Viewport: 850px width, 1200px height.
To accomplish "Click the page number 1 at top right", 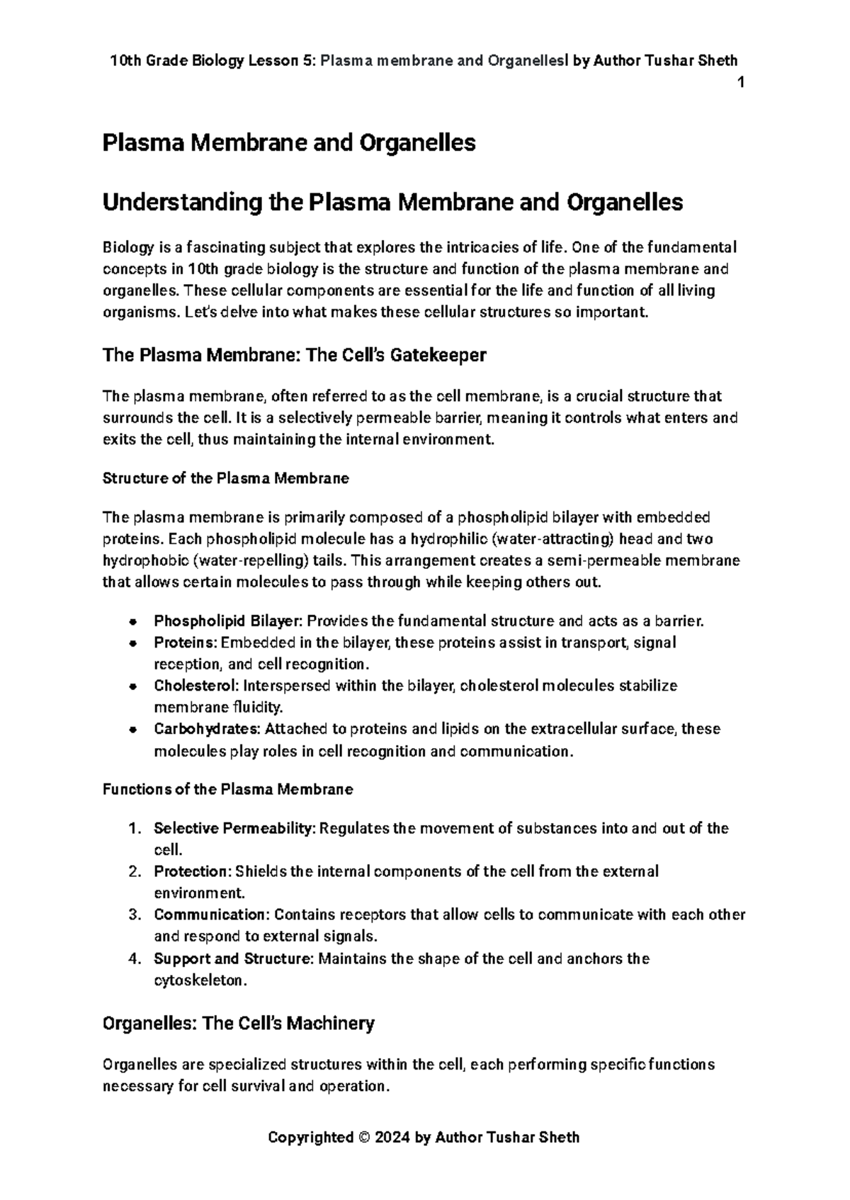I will click(740, 82).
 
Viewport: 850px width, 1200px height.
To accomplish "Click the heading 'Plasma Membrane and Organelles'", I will click(289, 143).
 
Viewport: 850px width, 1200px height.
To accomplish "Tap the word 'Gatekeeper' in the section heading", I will click(445, 355).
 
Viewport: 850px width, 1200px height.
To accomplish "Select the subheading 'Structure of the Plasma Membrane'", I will click(226, 478).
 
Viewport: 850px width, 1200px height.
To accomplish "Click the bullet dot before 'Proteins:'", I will click(133, 643).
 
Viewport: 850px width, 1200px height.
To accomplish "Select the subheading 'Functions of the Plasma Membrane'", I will click(228, 789).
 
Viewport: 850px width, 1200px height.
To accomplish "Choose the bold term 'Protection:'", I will click(193, 871).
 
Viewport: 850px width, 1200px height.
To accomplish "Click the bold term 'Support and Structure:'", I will click(234, 958).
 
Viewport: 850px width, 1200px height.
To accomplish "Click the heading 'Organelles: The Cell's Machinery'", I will click(238, 1024).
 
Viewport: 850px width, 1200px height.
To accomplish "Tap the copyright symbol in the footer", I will click(364, 1138).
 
